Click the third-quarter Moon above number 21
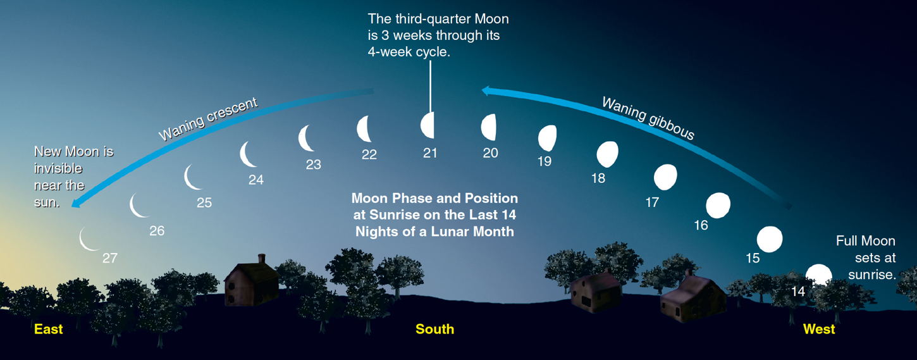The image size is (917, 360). click(x=428, y=125)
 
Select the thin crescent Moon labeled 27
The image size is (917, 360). click(x=88, y=239)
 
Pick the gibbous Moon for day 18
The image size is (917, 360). click(x=607, y=154)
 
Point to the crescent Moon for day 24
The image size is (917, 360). click(x=247, y=154)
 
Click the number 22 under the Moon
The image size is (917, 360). click(x=369, y=155)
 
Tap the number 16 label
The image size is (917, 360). click(x=701, y=225)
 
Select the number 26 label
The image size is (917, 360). click(x=157, y=231)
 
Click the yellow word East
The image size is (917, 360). click(x=49, y=329)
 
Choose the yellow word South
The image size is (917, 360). click(x=434, y=329)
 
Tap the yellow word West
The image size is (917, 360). click(x=819, y=329)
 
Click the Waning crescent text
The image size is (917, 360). click(x=208, y=120)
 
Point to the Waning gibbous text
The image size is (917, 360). click(x=648, y=118)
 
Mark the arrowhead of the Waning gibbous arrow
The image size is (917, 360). click(x=486, y=90)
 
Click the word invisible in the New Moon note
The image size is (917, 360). click(x=58, y=169)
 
